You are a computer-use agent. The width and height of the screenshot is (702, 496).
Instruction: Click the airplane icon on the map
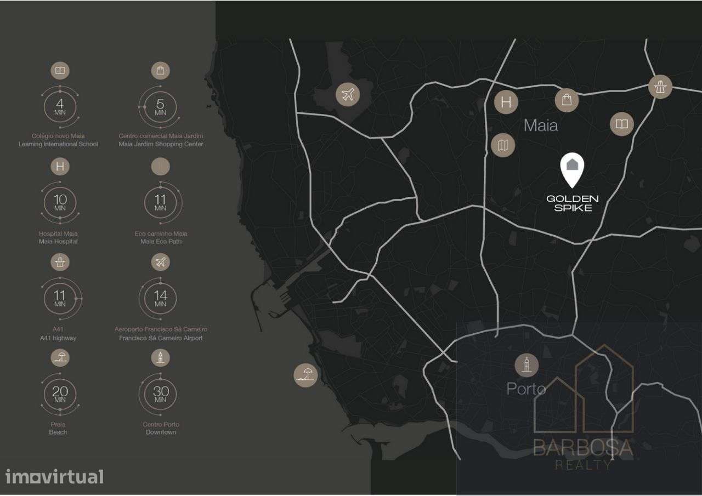coord(347,95)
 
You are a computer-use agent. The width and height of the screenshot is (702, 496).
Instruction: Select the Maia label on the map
coord(541,126)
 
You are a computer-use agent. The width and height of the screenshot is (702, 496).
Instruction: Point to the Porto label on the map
coord(526,389)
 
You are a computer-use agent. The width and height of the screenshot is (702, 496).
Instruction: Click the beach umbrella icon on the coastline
coord(305,375)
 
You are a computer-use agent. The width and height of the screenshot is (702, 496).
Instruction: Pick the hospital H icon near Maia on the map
coord(506,102)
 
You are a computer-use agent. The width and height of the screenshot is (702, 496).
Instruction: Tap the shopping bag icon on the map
coord(567,100)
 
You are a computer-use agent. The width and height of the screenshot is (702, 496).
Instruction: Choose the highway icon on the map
coord(660,87)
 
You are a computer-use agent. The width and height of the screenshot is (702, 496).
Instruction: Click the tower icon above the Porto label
coord(527,365)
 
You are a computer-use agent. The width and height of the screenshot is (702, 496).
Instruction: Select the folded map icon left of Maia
coord(503,145)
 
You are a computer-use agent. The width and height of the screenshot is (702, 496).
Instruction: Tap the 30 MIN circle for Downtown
coord(160,394)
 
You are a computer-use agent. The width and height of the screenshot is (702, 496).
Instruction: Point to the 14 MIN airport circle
coord(160,299)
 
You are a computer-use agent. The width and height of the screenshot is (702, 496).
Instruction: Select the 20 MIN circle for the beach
coord(60,394)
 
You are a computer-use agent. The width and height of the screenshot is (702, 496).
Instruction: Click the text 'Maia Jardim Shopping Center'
coord(161,144)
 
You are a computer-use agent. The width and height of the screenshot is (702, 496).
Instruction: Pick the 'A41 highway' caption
coord(58,338)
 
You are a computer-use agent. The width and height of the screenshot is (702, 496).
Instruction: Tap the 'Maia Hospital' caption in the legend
coord(58,241)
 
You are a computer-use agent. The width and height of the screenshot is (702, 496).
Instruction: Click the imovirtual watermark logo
coord(54,476)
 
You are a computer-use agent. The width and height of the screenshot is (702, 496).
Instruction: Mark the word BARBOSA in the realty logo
coord(584,448)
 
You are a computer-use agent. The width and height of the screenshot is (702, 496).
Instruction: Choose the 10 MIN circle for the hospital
coord(60,202)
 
